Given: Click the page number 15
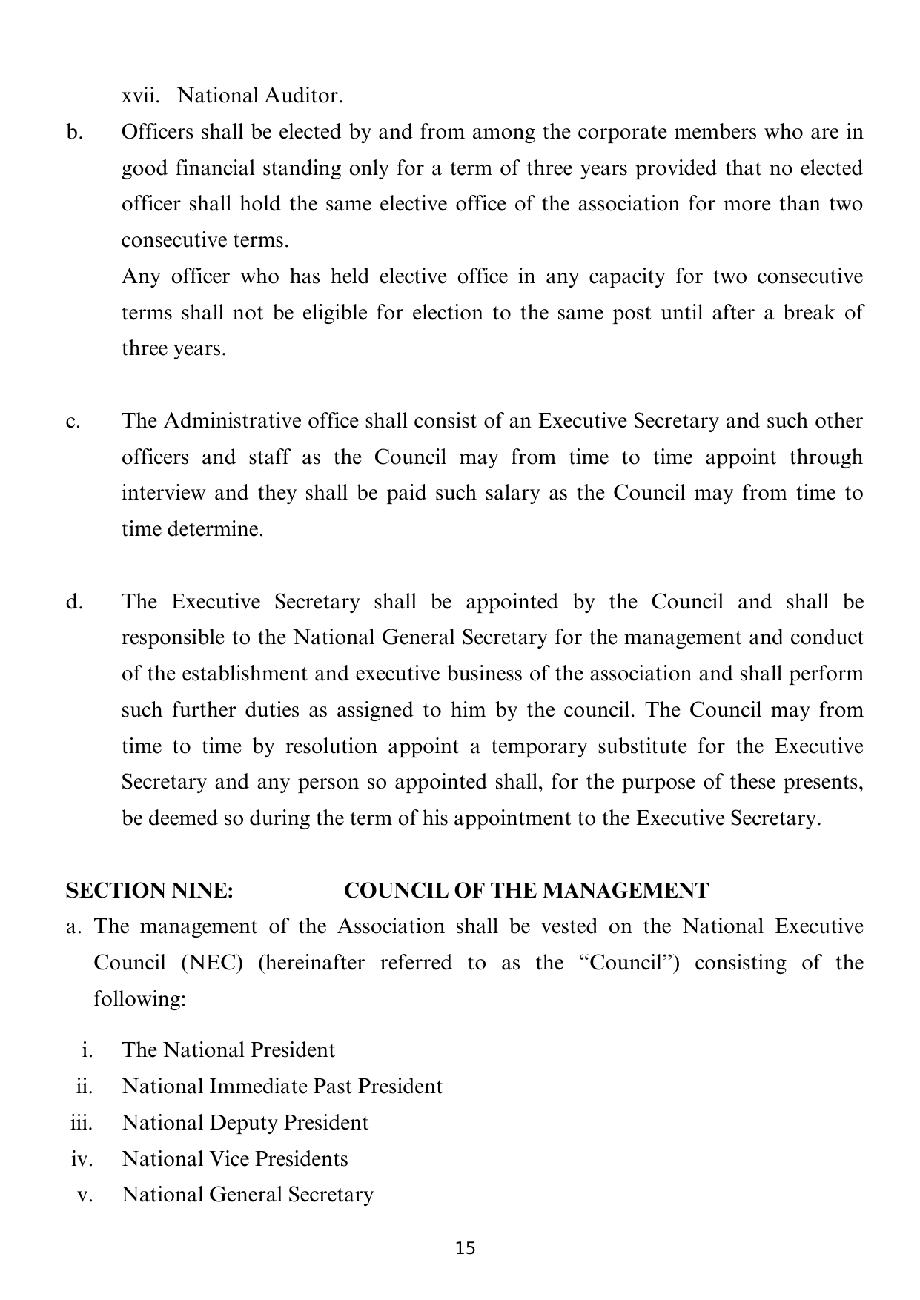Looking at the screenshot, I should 466,1248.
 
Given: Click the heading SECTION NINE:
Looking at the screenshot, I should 150,890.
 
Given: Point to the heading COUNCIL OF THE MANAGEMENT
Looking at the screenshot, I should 526,890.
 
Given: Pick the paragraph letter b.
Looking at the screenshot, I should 72,133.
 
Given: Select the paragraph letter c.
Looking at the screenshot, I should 72,422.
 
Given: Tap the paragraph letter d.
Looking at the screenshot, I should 73,602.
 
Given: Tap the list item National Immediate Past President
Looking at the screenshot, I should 282,1087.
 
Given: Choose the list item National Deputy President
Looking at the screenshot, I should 245,1123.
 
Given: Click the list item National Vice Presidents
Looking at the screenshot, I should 235,1159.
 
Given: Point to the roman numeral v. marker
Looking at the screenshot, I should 85,1195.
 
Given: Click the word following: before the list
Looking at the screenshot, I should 139,999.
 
